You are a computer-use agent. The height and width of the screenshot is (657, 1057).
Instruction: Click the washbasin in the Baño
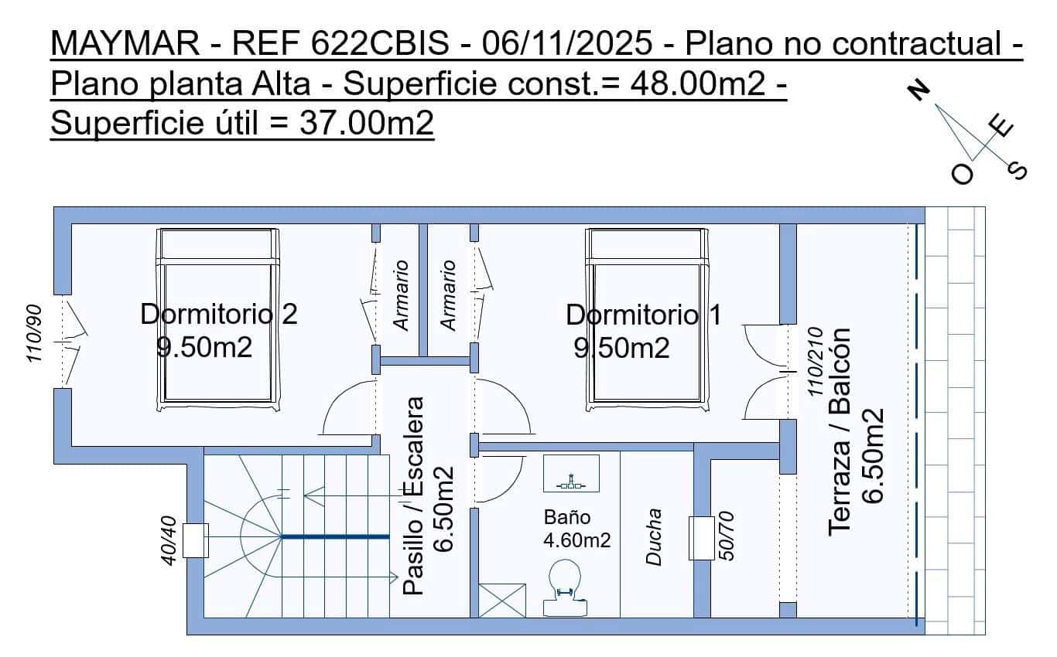pos(571,473)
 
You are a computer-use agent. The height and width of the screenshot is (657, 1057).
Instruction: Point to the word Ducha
pos(654,537)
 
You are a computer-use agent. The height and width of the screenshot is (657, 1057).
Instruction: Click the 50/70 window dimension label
pos(727,536)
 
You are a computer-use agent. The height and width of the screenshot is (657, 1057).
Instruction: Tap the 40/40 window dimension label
pos(169,540)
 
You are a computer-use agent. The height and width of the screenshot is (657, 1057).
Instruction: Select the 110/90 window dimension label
pos(34,334)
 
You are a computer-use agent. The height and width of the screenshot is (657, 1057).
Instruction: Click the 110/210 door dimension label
pos(816,362)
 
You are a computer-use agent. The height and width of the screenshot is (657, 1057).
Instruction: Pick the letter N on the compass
pos(918,91)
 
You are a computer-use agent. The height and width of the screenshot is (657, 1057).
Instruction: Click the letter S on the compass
pos(1017,171)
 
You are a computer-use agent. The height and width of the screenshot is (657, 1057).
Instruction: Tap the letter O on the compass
pos(962,175)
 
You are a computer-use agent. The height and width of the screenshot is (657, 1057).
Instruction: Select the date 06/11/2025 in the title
pos(567,43)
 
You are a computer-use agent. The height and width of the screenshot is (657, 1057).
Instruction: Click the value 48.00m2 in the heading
pos(697,83)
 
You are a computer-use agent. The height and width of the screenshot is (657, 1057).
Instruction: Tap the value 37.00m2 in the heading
pos(366,123)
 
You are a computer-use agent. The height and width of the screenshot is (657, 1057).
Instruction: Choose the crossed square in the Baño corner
pos(502,601)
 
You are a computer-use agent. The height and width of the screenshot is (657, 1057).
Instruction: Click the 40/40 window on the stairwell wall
pos(195,540)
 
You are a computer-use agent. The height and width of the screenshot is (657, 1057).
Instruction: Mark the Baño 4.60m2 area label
pos(576,529)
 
